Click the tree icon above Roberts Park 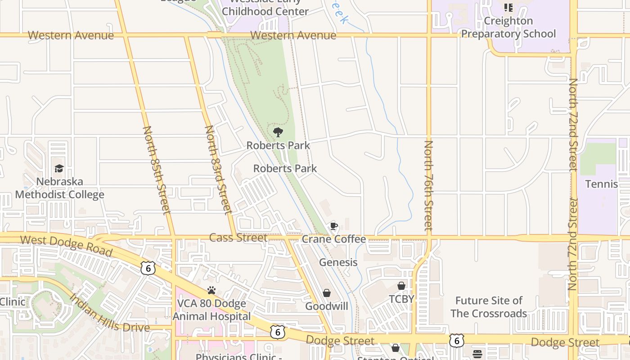click(278, 132)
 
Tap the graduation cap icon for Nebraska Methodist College click(59, 169)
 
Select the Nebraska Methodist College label click(60, 188)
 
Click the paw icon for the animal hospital click(211, 290)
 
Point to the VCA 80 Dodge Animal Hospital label click(211, 310)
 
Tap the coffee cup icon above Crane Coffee click(333, 226)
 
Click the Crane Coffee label click(333, 239)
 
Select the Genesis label click(338, 262)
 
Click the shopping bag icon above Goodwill click(327, 293)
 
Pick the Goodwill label click(327, 306)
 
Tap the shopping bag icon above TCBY click(401, 286)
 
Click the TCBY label click(401, 299)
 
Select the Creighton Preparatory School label click(508, 27)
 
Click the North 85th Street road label click(157, 170)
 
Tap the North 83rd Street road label click(218, 170)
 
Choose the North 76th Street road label click(428, 185)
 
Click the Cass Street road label click(238, 238)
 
